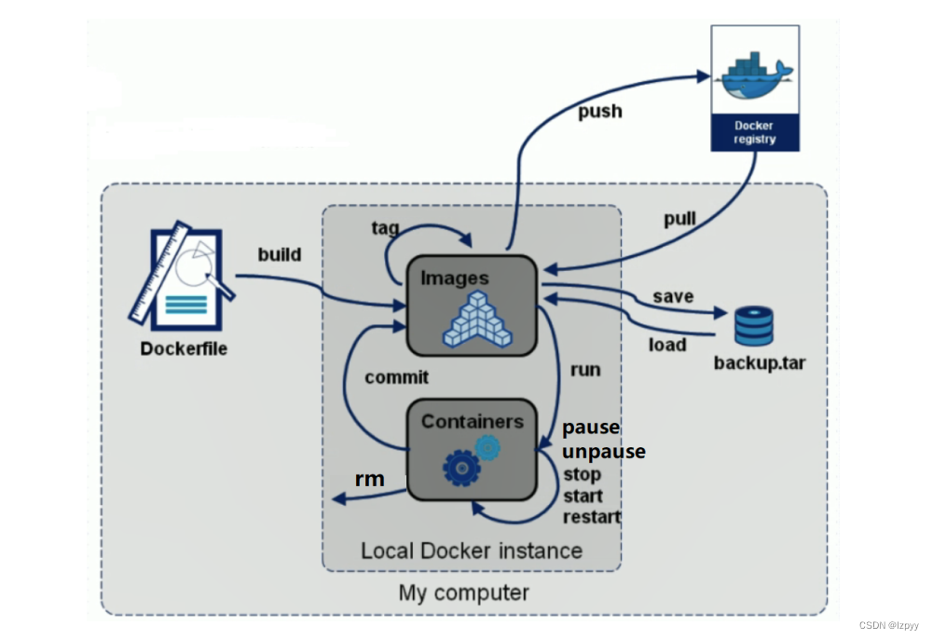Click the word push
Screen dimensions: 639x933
(599, 112)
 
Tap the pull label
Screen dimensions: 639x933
(679, 220)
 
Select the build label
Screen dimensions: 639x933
(280, 253)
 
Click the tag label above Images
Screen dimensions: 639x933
(387, 228)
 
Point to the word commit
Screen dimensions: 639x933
(397, 377)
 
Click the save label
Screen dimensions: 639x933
(673, 296)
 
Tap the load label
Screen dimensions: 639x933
(667, 345)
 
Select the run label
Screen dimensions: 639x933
(585, 370)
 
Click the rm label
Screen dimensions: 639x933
(369, 479)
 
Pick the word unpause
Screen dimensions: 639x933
(604, 451)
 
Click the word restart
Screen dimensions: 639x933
(592, 516)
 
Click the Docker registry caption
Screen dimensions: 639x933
(754, 133)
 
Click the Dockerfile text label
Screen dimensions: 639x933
(184, 349)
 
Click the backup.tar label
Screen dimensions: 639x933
(759, 362)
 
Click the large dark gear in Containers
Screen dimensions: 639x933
(461, 468)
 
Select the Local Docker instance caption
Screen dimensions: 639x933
(472, 550)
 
